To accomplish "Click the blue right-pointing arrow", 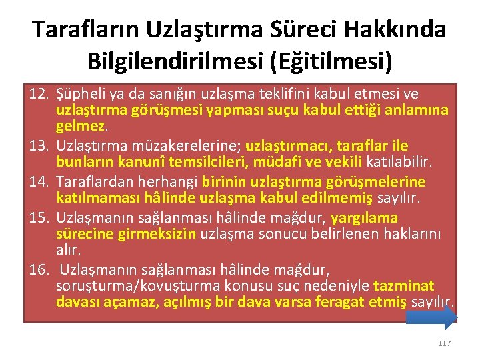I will [431, 318].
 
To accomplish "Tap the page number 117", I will [445, 343].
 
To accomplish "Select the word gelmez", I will [81, 125].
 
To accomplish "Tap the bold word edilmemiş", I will [343, 197].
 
